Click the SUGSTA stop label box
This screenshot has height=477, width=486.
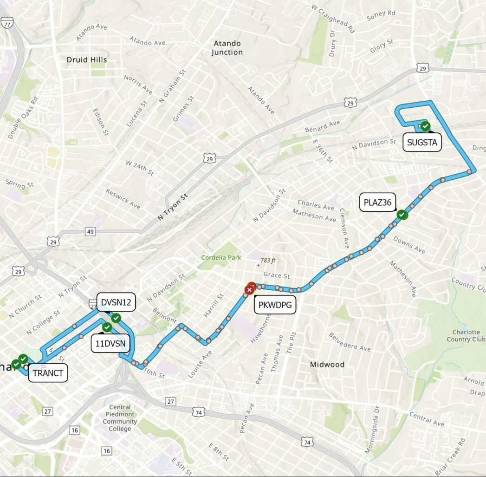point(422,143)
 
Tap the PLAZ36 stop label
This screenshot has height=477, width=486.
point(378,203)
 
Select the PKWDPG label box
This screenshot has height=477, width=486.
point(275,305)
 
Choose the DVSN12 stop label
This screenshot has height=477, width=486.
point(116,303)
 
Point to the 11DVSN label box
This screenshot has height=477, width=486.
point(111,344)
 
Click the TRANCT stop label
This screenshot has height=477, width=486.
point(48,373)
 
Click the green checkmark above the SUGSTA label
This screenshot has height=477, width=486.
point(425,126)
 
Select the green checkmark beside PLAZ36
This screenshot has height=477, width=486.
point(402,215)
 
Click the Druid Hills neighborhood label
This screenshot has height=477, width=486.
point(87,60)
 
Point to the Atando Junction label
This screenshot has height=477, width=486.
point(227,48)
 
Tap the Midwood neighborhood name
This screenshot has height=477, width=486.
point(327,365)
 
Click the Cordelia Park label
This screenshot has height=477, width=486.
point(221,257)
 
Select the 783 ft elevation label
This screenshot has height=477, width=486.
point(268,261)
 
